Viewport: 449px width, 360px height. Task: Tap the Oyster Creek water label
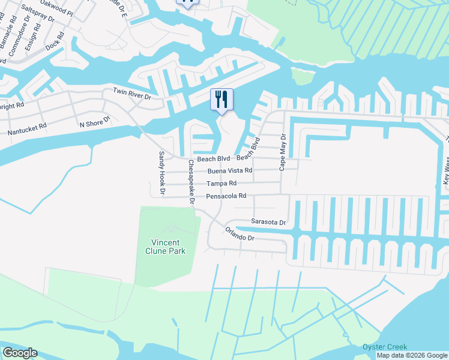coord(385,347)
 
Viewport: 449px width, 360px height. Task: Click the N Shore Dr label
coord(95,122)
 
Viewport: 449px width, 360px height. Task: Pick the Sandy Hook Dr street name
coord(161,173)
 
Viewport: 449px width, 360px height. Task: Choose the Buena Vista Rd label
coord(230,171)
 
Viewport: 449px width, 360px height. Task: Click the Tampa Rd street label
coord(221,183)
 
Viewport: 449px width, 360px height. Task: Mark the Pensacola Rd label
coord(226,196)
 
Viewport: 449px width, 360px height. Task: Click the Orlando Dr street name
coord(240,234)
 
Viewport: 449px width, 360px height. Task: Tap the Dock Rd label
coord(55,44)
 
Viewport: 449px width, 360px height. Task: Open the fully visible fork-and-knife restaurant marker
coord(221,100)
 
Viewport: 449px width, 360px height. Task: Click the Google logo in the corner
coord(20,353)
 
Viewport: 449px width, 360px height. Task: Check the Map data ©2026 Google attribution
coord(412,355)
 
